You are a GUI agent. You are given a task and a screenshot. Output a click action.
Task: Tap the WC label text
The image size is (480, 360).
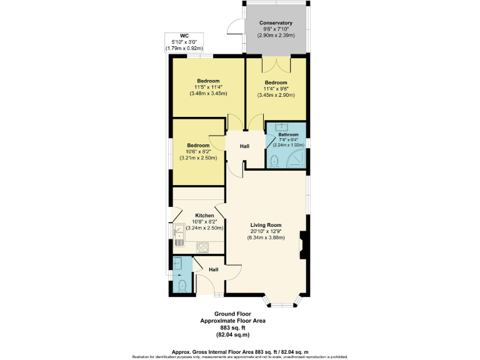pyautogui.click(x=184, y=35)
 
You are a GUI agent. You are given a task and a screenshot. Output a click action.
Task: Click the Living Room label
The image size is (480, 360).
pyautogui.click(x=266, y=225)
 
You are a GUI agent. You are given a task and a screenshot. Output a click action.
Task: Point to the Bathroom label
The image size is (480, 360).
pyautogui.click(x=288, y=134)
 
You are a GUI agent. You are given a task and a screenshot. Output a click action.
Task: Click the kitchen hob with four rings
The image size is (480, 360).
pyautogui.click(x=202, y=247)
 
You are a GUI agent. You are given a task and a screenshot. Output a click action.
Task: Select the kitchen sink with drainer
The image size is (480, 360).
pyautogui.click(x=179, y=234)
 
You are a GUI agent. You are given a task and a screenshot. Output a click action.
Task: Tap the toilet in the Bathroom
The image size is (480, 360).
pyautogui.click(x=274, y=161)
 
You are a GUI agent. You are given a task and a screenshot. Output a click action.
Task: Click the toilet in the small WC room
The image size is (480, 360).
pyautogui.click(x=182, y=286)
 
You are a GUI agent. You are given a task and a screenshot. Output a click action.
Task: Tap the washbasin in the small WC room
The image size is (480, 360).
pyautogui.click(x=178, y=264)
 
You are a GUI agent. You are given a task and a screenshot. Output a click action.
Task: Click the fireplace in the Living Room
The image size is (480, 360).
pyautogui.click(x=303, y=246)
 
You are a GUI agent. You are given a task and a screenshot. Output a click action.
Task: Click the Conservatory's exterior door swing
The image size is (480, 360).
pyautogui.click(x=234, y=26)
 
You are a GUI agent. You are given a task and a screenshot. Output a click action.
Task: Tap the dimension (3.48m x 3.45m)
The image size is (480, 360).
pyautogui.click(x=208, y=94)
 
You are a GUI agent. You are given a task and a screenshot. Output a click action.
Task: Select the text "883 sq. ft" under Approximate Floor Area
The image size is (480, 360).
pyautogui.click(x=232, y=328)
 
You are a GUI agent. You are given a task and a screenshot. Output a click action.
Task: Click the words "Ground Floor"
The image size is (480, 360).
pyautogui.click(x=232, y=313)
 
